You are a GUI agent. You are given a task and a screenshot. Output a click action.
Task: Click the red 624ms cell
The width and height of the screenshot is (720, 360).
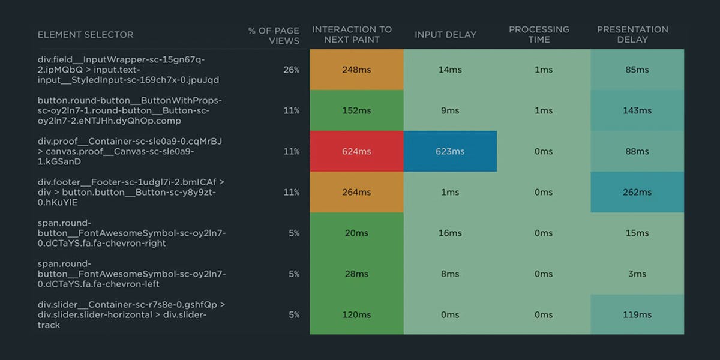(x=356, y=151)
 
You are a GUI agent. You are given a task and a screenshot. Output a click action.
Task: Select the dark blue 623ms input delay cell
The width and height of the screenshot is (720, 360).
(x=450, y=151)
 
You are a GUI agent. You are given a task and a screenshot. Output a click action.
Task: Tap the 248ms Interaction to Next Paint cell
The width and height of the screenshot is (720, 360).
(x=356, y=70)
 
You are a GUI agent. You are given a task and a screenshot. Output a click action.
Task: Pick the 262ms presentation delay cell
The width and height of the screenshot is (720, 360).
(x=637, y=192)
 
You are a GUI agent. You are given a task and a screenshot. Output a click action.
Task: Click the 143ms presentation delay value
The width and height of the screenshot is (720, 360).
(x=637, y=110)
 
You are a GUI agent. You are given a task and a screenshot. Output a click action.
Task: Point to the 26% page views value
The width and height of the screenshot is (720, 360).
(x=292, y=70)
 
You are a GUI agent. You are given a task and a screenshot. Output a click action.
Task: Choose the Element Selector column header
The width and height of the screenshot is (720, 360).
(x=86, y=35)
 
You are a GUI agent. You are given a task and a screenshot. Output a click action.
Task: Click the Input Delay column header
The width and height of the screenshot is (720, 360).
(x=445, y=35)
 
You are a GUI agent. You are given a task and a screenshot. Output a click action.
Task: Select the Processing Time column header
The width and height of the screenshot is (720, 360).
(x=539, y=34)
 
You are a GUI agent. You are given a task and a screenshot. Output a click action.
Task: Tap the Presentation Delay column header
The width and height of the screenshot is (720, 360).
(x=632, y=34)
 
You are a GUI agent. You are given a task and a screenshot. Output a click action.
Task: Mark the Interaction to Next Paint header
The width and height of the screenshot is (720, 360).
(x=352, y=34)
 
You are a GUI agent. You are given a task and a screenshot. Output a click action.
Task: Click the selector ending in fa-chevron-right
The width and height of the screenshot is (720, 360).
(x=131, y=233)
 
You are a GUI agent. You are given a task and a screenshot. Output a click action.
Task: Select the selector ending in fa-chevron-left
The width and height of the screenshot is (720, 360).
(x=131, y=274)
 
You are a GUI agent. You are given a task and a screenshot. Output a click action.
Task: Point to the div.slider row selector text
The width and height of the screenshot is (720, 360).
(x=131, y=314)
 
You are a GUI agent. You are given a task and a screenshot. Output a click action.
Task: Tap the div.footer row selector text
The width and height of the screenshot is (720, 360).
(x=131, y=192)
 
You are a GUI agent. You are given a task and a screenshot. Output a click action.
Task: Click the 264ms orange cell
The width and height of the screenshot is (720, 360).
(x=356, y=192)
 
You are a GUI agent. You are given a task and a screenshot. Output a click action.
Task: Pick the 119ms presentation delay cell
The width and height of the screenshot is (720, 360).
(x=637, y=314)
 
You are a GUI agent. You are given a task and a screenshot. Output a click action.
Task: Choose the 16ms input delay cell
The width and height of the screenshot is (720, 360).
(x=450, y=233)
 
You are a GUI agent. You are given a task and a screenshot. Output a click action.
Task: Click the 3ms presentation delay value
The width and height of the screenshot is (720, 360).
(x=637, y=274)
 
